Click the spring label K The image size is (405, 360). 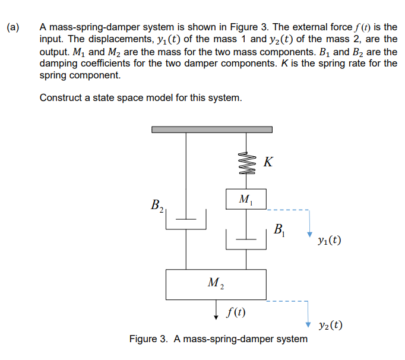click(x=268, y=162)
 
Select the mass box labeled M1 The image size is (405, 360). click(x=246, y=198)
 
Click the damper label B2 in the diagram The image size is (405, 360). click(x=158, y=206)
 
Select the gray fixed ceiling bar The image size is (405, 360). click(x=212, y=129)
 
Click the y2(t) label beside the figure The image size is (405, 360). click(x=330, y=325)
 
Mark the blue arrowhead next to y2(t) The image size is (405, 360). click(x=308, y=324)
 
